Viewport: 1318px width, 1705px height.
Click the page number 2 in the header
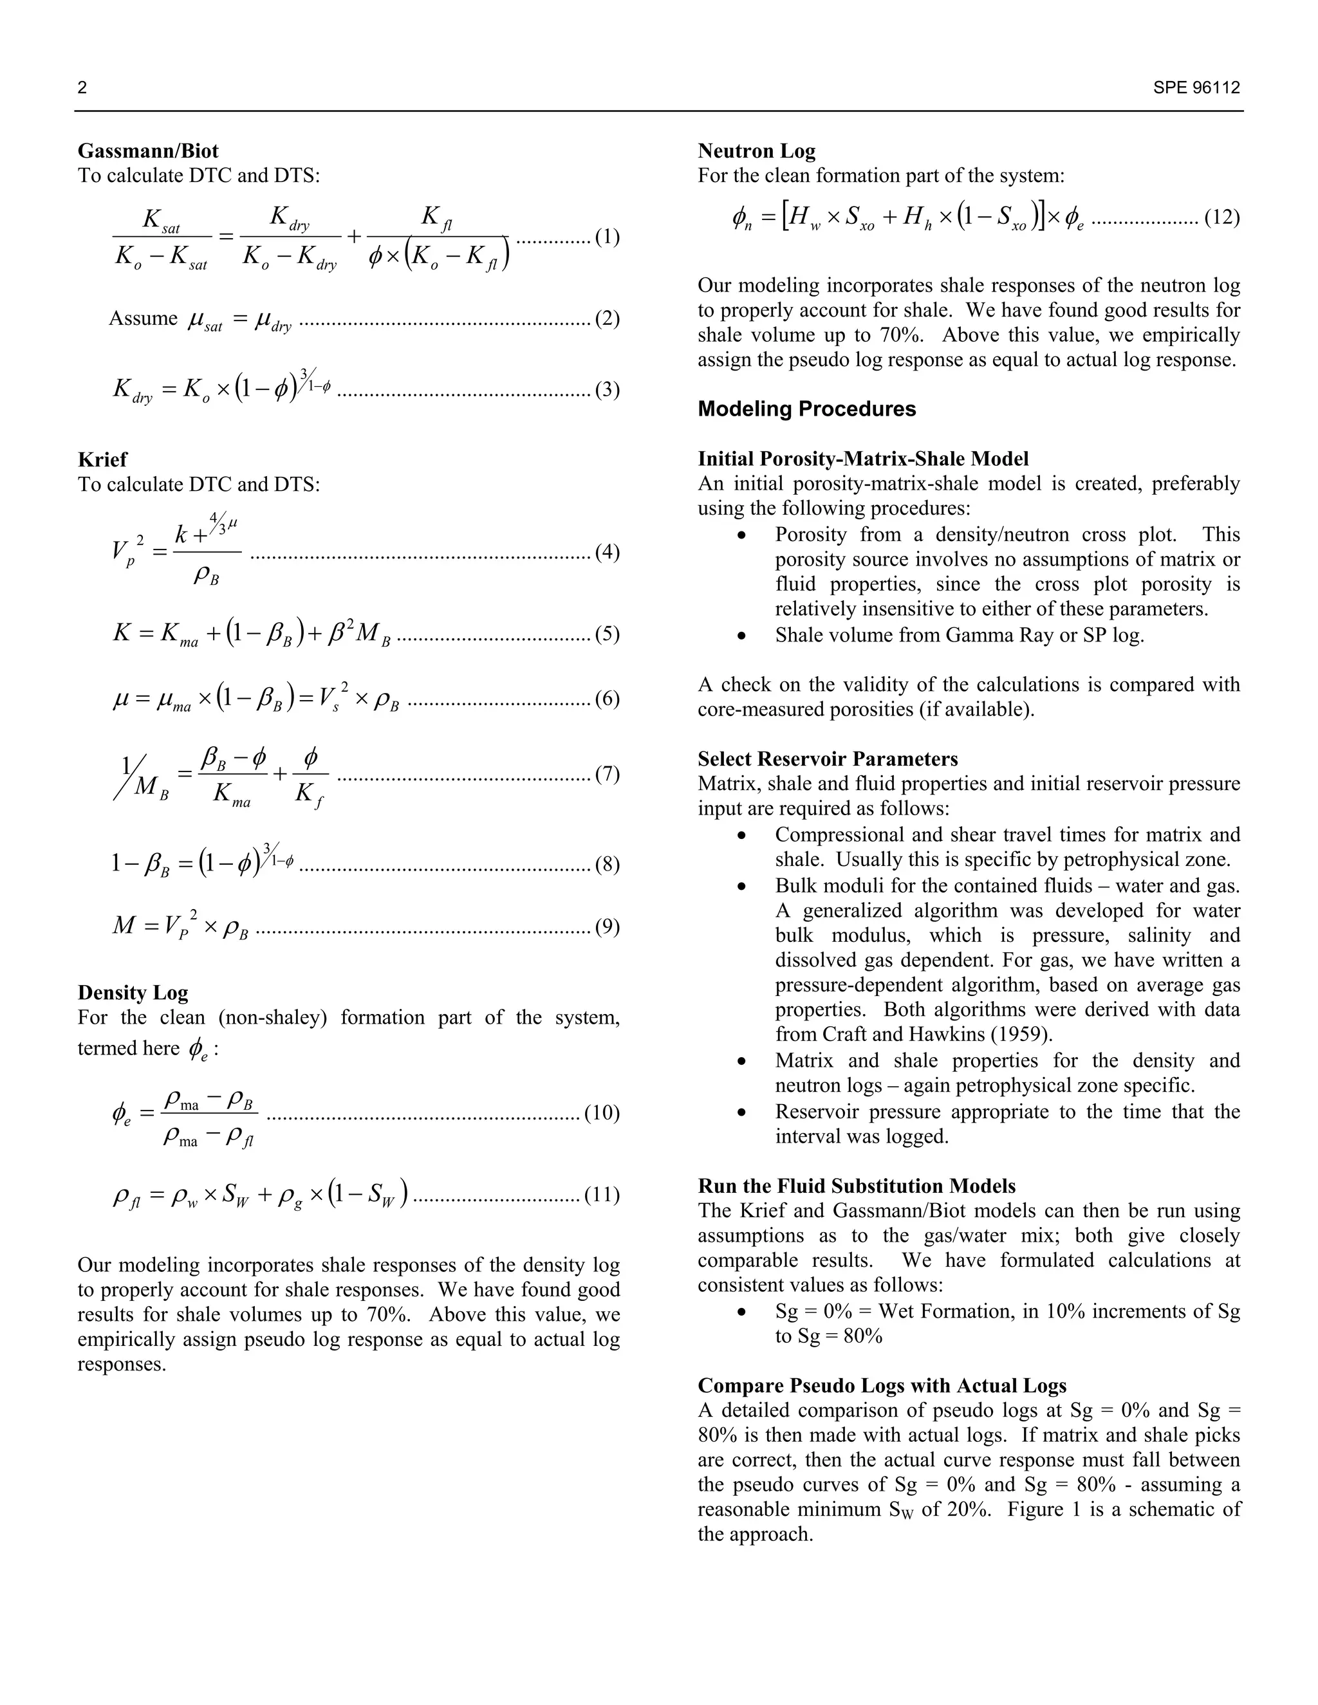tap(82, 88)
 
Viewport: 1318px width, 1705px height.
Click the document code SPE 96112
tap(1196, 88)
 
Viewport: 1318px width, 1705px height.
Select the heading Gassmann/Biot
tap(147, 151)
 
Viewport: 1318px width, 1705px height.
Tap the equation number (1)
tap(607, 237)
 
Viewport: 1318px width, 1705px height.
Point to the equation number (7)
tap(607, 775)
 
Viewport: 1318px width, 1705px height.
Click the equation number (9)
tap(607, 926)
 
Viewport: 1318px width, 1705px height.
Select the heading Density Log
tap(133, 993)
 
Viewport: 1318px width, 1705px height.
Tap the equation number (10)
tap(601, 1112)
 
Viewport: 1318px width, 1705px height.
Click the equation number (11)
tap(601, 1195)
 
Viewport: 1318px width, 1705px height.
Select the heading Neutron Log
tap(756, 151)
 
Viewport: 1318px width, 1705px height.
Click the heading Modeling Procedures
tap(806, 409)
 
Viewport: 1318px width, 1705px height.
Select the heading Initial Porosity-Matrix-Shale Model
tap(863, 459)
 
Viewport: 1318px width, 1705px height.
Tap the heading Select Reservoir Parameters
tap(828, 759)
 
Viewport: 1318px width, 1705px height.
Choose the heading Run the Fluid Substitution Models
tap(857, 1186)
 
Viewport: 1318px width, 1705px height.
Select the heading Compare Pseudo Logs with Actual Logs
tap(882, 1386)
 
